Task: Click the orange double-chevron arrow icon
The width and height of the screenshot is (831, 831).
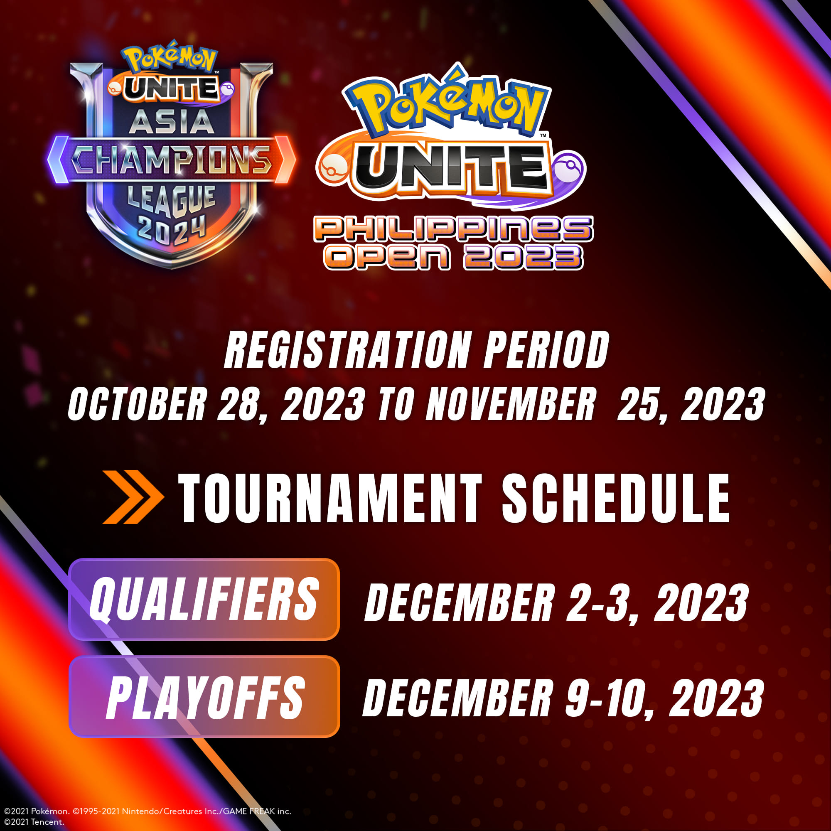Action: point(133,497)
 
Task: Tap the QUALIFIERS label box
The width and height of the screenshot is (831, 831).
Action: point(204,599)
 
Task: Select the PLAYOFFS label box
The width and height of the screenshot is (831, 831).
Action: point(204,696)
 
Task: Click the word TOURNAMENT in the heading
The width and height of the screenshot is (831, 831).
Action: point(330,499)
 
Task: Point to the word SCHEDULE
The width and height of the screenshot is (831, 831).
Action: point(615,499)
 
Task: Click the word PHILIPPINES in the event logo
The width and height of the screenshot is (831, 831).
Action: point(454,229)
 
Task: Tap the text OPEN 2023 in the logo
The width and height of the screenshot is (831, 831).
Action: point(454,257)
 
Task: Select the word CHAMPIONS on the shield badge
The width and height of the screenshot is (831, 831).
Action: point(171,160)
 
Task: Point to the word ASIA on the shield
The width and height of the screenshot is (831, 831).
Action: point(172,122)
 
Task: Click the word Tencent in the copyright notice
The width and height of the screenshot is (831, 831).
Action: point(47,822)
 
